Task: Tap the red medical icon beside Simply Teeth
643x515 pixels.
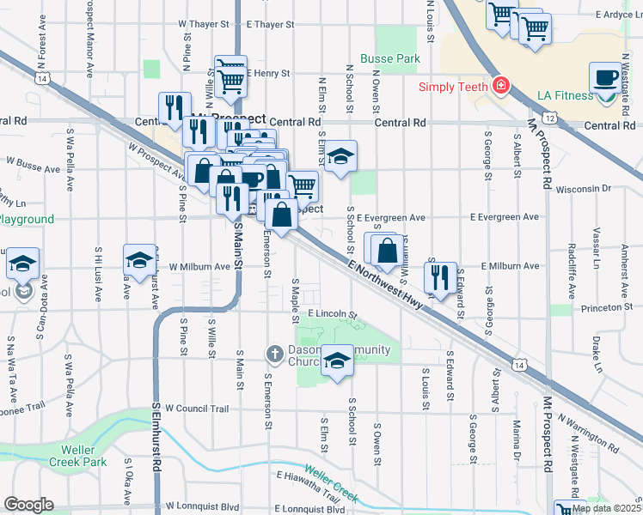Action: pos(499,87)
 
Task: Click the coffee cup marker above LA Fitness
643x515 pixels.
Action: pos(605,77)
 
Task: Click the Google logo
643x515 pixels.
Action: pos(28,505)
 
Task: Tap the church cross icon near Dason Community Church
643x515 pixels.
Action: pos(274,354)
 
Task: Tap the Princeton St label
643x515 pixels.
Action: pos(606,306)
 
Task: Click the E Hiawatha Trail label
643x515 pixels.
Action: pos(308,485)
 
